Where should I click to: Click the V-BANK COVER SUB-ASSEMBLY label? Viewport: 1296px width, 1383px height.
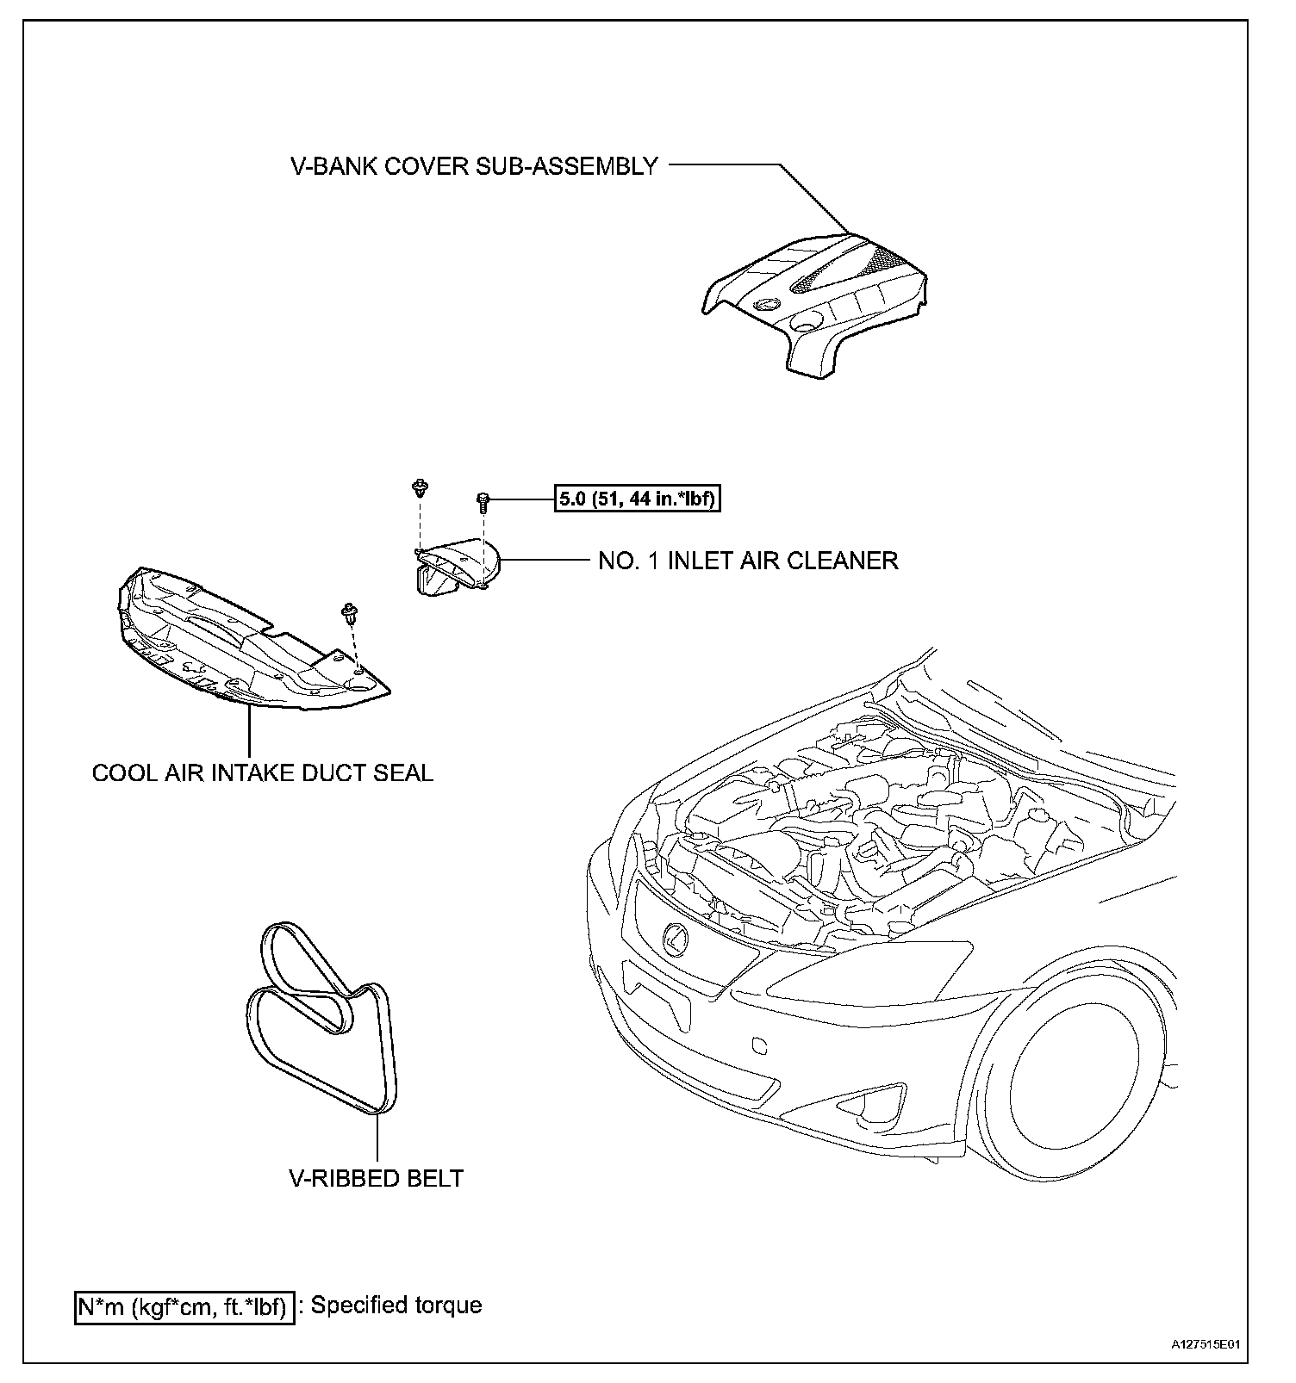(x=474, y=166)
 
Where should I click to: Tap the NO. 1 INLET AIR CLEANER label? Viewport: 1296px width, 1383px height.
(x=748, y=561)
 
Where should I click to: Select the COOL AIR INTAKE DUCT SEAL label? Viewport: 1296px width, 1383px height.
(x=262, y=772)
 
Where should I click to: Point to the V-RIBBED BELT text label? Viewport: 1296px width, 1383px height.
(x=376, y=1178)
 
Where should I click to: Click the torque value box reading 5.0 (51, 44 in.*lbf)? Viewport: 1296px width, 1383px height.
(x=637, y=499)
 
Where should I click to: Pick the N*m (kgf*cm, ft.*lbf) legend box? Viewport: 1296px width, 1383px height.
(x=184, y=1307)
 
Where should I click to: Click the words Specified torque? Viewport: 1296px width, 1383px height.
(x=396, y=1305)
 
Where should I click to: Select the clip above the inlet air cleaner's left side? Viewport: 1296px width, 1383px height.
(x=420, y=487)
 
